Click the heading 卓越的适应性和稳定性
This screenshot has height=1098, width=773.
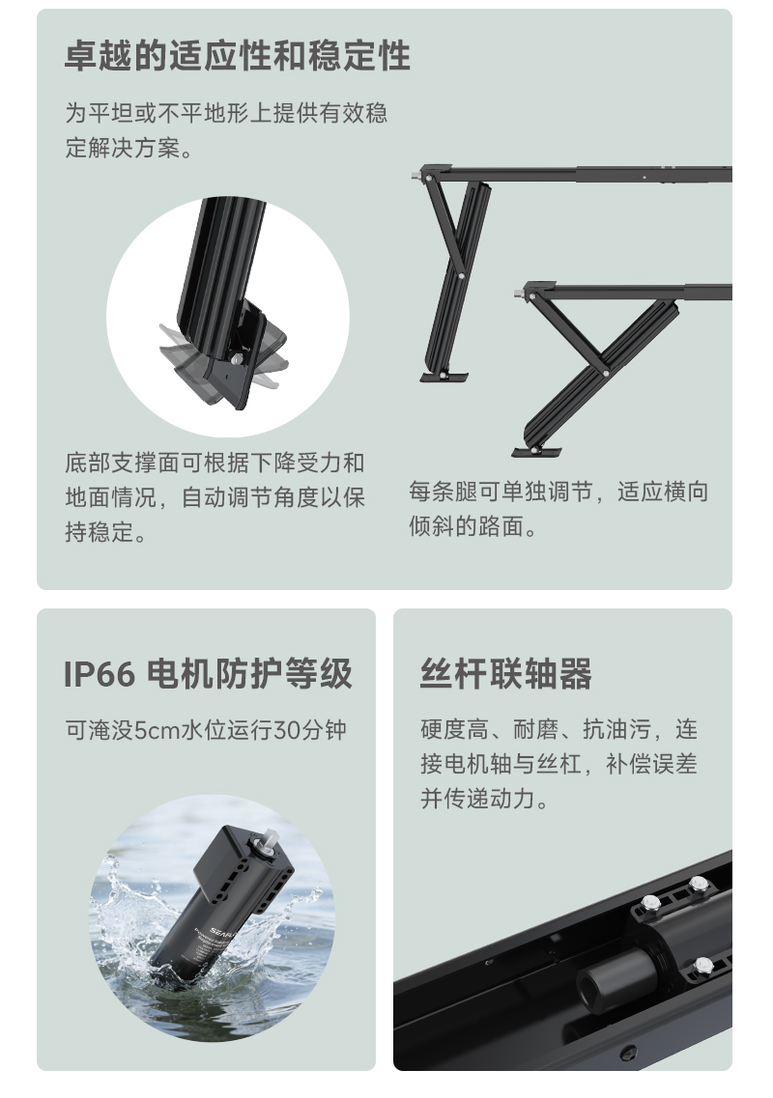pyautogui.click(x=238, y=56)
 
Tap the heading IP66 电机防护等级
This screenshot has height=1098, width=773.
pyautogui.click(x=208, y=673)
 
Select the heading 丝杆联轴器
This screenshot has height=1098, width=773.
pyautogui.click(x=505, y=673)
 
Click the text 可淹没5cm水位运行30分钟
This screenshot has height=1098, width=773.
pyautogui.click(x=206, y=729)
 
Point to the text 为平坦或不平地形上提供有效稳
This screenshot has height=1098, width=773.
pyautogui.click(x=226, y=113)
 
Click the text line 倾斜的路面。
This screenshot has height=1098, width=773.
pyautogui.click(x=473, y=528)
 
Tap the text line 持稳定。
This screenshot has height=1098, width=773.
pyautogui.click(x=106, y=533)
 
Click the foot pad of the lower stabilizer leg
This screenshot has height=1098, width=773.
pyautogui.click(x=536, y=450)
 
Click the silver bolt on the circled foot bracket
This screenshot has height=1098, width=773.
pyautogui.click(x=236, y=359)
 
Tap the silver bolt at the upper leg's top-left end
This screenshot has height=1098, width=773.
pyautogui.click(x=415, y=176)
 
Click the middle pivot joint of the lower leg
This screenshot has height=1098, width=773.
pyautogui.click(x=605, y=369)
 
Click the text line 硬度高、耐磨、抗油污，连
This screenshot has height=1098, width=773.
pyautogui.click(x=558, y=729)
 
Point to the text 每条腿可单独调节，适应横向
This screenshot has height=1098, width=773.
pyautogui.click(x=558, y=492)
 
